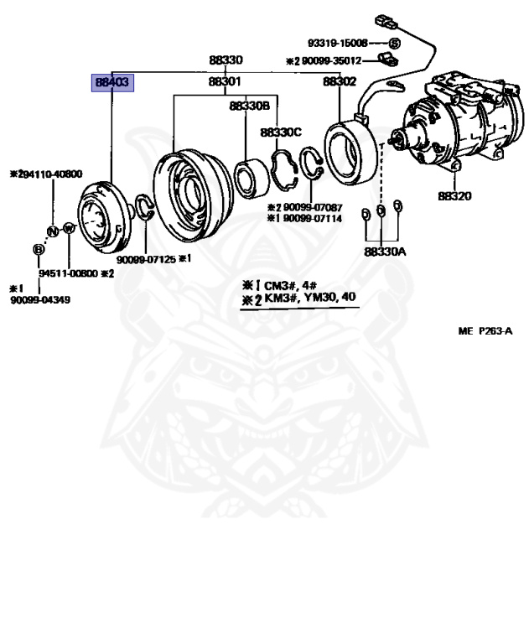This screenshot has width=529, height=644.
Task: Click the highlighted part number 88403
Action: click(x=112, y=82)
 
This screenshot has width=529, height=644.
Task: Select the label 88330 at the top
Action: click(x=226, y=60)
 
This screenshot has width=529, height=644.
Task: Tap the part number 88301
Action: click(x=226, y=82)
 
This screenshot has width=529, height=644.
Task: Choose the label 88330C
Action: click(x=281, y=132)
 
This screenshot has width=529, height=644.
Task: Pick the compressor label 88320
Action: click(x=454, y=197)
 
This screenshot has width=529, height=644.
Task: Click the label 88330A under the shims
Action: click(x=385, y=251)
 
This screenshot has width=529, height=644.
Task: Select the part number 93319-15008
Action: click(x=337, y=42)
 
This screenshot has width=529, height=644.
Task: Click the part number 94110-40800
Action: click(x=49, y=174)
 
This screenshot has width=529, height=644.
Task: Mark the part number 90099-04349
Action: click(x=40, y=299)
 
